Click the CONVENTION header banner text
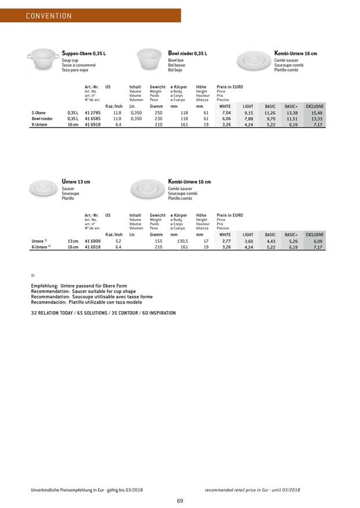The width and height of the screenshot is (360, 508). pyautogui.click(x=49, y=16)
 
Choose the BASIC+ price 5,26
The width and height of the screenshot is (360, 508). pyautogui.click(x=293, y=242)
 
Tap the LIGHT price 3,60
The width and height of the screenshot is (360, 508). pyautogui.click(x=249, y=242)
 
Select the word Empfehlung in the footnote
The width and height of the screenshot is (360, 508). pyautogui.click(x=48, y=284)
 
